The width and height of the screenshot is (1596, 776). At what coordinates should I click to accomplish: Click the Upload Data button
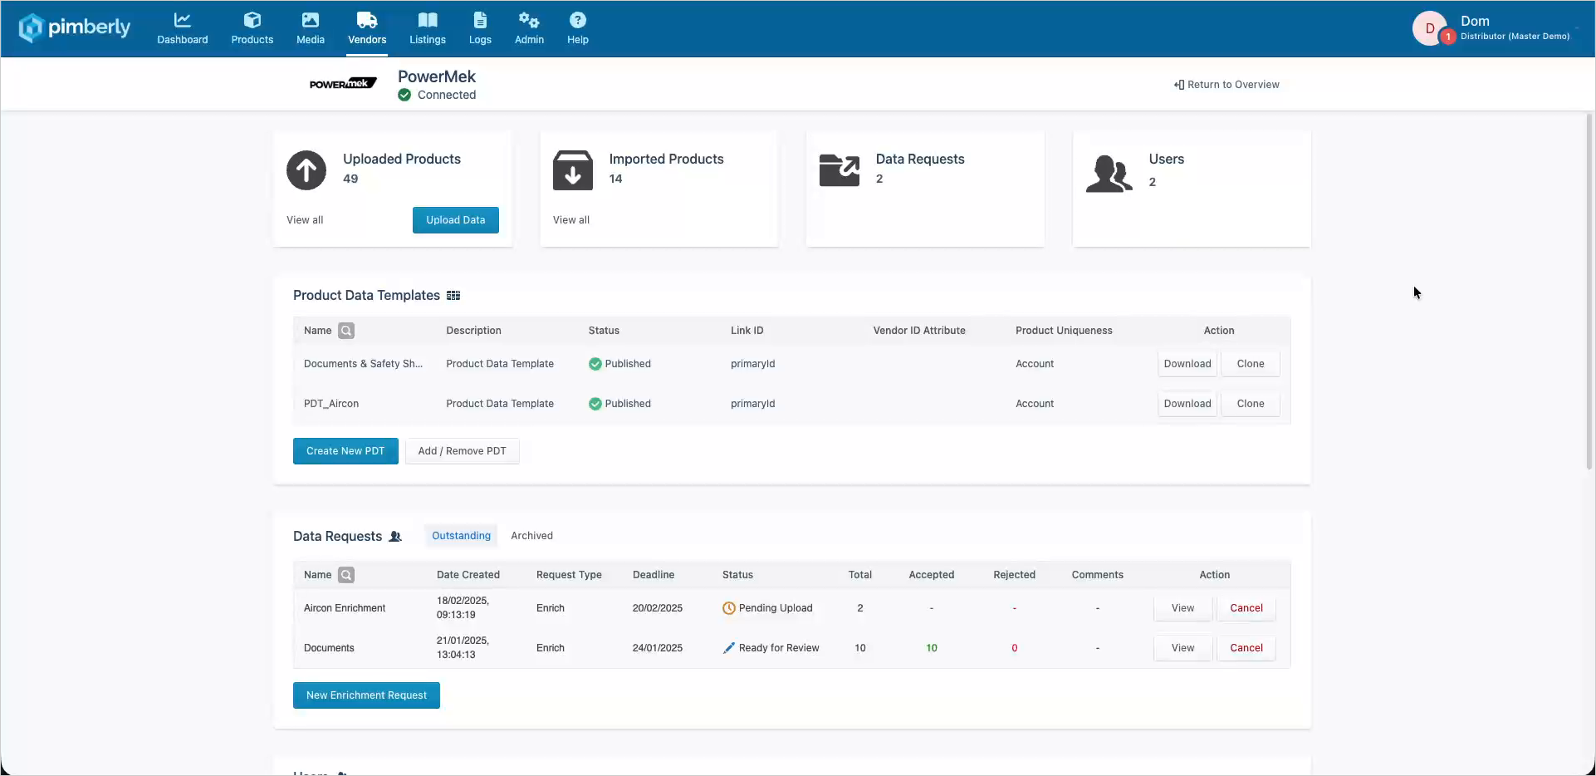(x=455, y=220)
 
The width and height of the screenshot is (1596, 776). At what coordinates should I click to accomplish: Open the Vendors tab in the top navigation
(x=367, y=29)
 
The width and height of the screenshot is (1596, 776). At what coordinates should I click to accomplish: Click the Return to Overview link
(x=1226, y=85)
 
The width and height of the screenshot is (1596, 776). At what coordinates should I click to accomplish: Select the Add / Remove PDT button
(x=462, y=451)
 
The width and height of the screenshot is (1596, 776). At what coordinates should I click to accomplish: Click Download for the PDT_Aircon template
(x=1187, y=404)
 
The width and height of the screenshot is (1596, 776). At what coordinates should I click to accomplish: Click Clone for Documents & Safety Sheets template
(x=1251, y=364)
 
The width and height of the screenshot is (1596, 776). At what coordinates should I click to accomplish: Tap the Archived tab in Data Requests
(x=531, y=536)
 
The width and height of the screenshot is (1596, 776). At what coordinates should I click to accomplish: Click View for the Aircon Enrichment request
(x=1182, y=608)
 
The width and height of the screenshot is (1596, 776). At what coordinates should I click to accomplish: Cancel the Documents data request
(x=1246, y=648)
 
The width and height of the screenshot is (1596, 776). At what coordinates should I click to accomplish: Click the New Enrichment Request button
(x=366, y=695)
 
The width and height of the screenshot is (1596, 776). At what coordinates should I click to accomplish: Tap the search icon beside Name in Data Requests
(x=346, y=575)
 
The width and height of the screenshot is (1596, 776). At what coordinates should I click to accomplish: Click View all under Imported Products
(x=571, y=220)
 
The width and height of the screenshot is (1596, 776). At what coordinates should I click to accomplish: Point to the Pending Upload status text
(x=776, y=608)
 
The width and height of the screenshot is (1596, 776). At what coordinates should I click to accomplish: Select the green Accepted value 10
(x=932, y=648)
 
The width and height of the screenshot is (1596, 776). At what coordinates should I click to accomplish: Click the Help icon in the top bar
(x=578, y=20)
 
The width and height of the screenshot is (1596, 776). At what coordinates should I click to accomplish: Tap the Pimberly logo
(x=75, y=27)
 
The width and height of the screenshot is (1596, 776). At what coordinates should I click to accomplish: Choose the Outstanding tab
(x=461, y=536)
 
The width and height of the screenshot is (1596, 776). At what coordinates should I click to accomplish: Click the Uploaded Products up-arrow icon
(x=306, y=170)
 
